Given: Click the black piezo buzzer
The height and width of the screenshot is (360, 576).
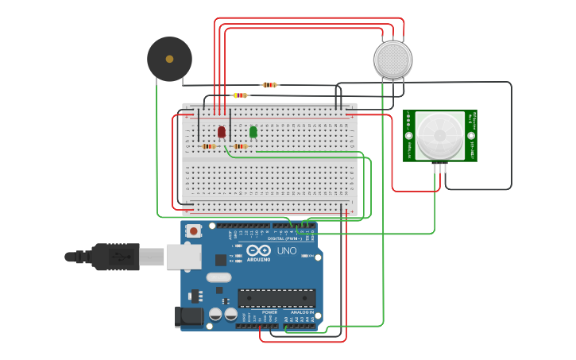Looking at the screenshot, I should [x=169, y=59].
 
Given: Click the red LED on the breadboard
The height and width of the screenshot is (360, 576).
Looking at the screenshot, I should [x=222, y=132].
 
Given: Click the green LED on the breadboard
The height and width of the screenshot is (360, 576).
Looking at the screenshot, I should [x=253, y=132].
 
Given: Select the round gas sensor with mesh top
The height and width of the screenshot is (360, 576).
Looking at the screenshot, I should [x=392, y=60].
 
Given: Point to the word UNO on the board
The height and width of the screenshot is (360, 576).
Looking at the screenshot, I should [x=286, y=251].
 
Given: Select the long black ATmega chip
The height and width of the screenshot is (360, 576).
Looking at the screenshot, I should [x=276, y=298].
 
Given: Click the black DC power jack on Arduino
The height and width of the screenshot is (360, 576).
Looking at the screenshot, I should [x=189, y=315].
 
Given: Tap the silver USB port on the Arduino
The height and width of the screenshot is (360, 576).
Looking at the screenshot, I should [x=184, y=256].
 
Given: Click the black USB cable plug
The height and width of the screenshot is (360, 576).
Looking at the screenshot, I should [x=115, y=257].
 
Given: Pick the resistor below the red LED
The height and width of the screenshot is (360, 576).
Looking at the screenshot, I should [x=209, y=146].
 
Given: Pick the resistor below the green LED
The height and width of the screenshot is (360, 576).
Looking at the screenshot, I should [x=240, y=146].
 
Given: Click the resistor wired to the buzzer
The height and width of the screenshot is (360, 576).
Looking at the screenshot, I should [x=269, y=84].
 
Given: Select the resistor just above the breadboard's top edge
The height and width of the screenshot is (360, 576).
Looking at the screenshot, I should [x=240, y=95].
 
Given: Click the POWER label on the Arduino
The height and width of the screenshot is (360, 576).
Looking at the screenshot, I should [x=270, y=312].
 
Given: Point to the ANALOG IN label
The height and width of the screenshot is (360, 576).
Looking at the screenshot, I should [x=301, y=312].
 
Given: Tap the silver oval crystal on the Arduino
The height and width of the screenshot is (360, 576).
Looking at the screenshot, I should [x=218, y=277].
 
